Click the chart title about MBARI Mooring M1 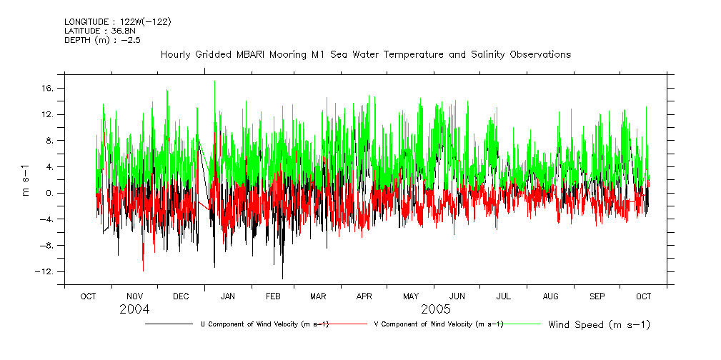point(365,54)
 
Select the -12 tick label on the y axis point(48,271)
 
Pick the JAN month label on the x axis point(228,296)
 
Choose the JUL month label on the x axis point(504,296)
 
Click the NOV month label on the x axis point(135,296)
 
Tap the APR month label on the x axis point(364,296)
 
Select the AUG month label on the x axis point(550,296)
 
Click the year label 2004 point(134,309)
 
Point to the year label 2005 point(435,309)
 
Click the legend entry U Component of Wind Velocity point(264,324)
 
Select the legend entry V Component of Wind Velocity point(439,324)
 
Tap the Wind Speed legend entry point(599,325)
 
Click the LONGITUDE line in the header point(117,21)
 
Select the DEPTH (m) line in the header point(99,40)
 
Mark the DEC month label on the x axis point(181,296)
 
